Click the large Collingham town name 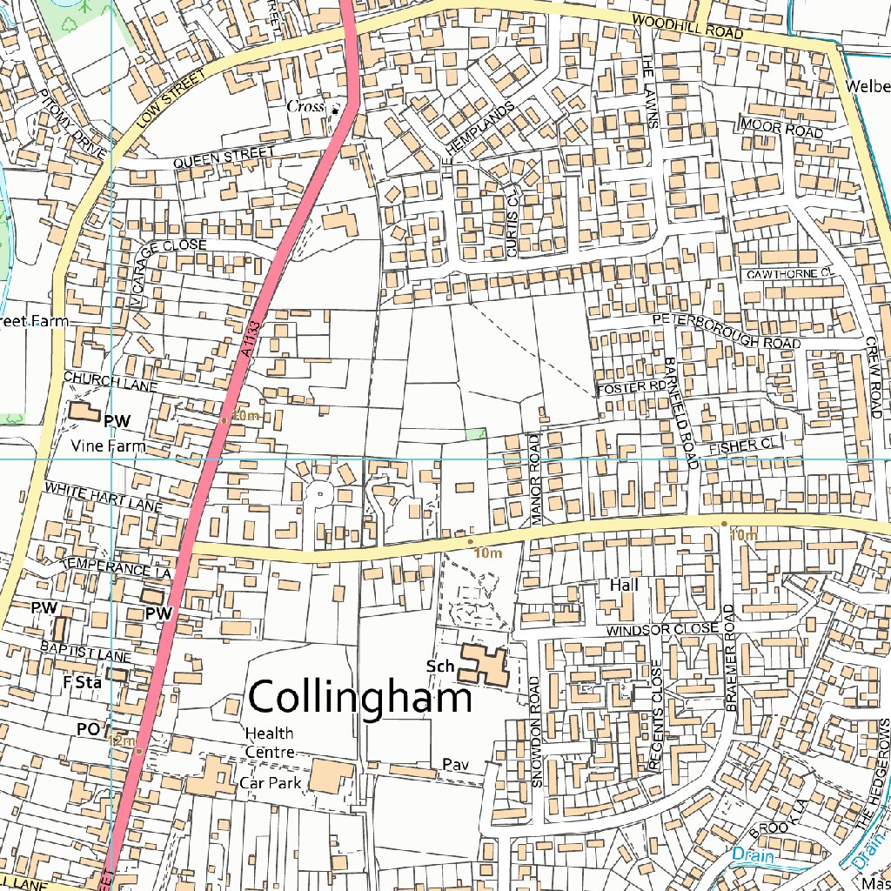[360, 698]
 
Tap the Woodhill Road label [687, 27]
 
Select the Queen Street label [224, 157]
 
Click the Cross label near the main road [305, 106]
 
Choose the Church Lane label [97, 382]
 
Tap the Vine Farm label [108, 446]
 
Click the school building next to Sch [484, 666]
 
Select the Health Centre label [269, 743]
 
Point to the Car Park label [271, 783]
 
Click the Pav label [455, 765]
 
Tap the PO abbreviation [89, 729]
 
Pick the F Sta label [83, 683]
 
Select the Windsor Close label [663, 629]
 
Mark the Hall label [624, 586]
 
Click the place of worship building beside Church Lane [84, 412]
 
